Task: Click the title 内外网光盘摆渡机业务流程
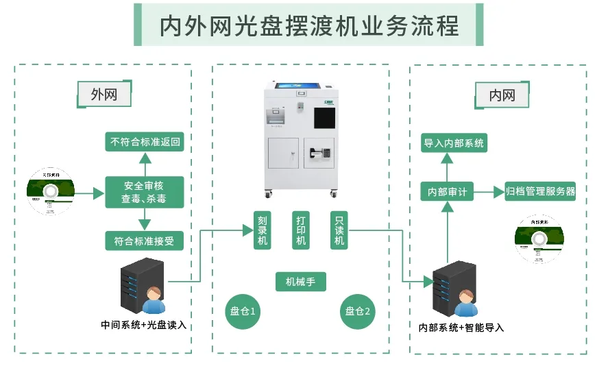(x=308, y=25)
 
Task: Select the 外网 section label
(x=104, y=95)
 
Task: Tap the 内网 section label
(x=502, y=95)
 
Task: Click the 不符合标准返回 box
(x=145, y=143)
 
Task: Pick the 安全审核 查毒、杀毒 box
(x=144, y=192)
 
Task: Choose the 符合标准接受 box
(x=145, y=241)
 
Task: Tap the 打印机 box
(x=301, y=230)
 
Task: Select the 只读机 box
(x=339, y=230)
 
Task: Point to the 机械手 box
(x=301, y=281)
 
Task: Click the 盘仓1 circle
(x=243, y=311)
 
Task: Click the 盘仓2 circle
(x=358, y=311)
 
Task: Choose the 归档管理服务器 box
(x=539, y=191)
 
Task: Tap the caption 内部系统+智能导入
(x=461, y=328)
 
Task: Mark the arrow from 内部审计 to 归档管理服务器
(x=488, y=192)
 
